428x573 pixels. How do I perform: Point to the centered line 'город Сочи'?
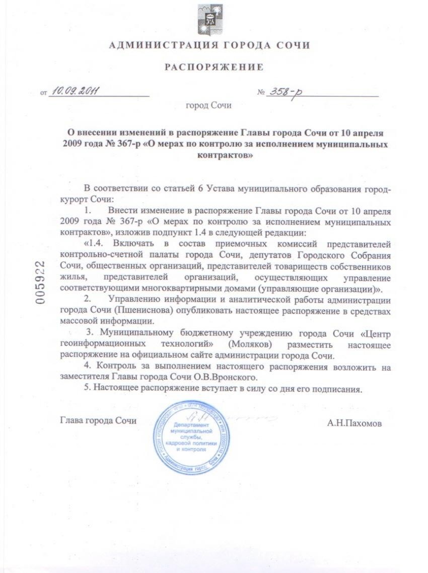(208, 106)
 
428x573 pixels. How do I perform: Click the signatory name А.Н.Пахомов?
(354, 424)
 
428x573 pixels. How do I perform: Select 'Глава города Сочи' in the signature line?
(98, 420)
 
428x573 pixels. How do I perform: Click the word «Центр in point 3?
(374, 333)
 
